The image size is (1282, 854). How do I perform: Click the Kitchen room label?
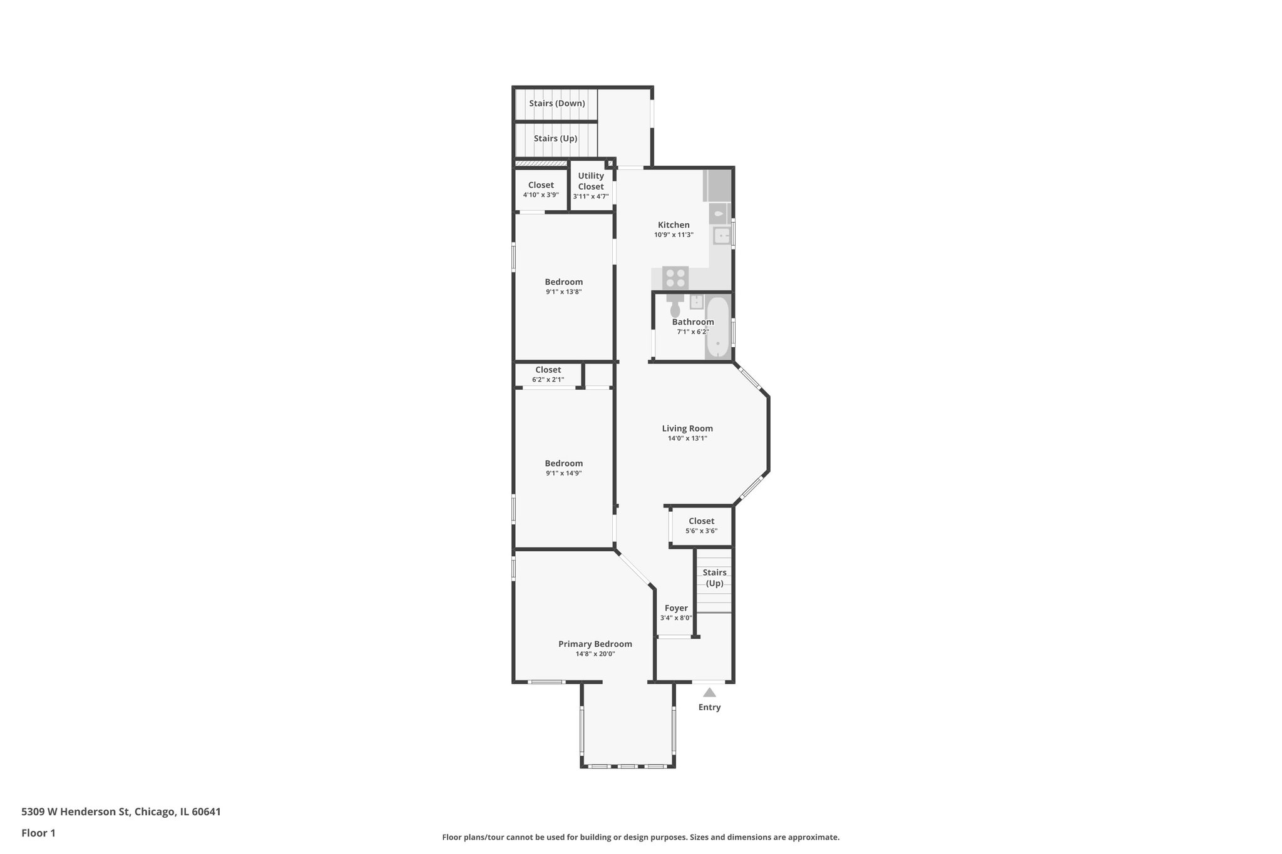[674, 225]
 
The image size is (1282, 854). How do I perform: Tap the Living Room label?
[687, 429]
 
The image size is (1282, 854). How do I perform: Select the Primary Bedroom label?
[595, 644]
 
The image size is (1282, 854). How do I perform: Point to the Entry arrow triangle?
[709, 693]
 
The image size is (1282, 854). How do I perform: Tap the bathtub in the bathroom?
[718, 328]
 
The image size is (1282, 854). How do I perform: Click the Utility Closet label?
[591, 181]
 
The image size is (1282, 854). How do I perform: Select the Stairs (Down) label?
[556, 103]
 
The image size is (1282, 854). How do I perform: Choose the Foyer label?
[676, 608]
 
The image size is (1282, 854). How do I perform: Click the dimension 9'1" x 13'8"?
[563, 292]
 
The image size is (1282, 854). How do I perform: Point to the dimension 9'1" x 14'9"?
[563, 473]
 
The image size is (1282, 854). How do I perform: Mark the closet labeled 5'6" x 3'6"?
[701, 526]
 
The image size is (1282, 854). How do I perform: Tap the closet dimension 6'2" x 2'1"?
[548, 380]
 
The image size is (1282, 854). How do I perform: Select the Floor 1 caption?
[38, 833]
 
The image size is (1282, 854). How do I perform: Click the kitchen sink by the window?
[722, 236]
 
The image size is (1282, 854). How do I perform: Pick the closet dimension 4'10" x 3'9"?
[541, 195]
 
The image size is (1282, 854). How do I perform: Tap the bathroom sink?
[697, 302]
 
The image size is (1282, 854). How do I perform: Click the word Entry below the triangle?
[709, 707]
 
